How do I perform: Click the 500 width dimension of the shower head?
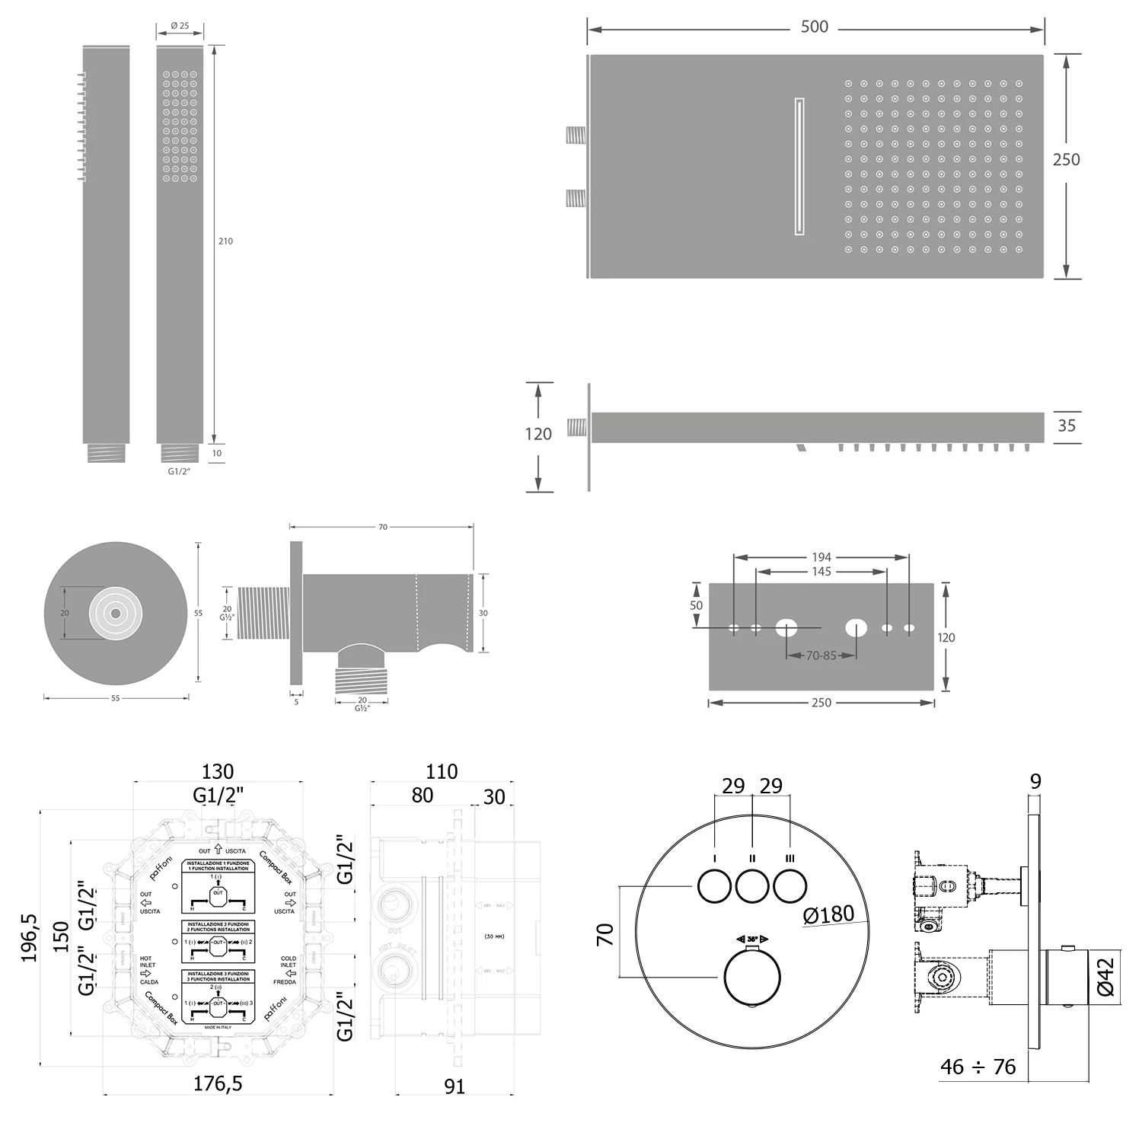(814, 27)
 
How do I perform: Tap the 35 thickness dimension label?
(1067, 426)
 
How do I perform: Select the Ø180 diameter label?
(829, 914)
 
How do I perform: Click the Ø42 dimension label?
(1106, 977)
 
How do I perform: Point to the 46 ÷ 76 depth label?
(978, 1067)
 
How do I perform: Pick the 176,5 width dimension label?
(218, 1083)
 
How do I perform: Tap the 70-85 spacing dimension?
(821, 656)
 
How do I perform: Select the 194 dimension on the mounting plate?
(821, 557)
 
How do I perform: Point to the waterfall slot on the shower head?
(799, 166)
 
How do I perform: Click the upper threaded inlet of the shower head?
(576, 137)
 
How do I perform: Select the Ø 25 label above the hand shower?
(180, 26)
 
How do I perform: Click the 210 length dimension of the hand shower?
(225, 241)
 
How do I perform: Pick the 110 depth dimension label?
(442, 771)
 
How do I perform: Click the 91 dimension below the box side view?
(454, 1086)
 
